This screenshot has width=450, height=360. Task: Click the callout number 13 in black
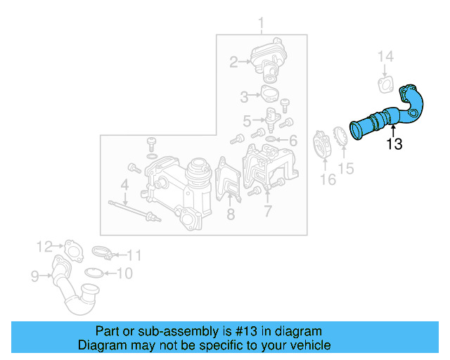(x=394, y=145)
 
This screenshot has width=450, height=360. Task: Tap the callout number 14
(x=387, y=57)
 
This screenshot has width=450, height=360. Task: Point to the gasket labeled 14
(x=385, y=86)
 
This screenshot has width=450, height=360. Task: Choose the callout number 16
(x=328, y=179)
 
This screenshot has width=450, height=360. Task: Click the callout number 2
(x=233, y=63)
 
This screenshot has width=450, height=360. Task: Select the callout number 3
(x=244, y=96)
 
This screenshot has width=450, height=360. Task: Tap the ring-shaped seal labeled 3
(x=269, y=94)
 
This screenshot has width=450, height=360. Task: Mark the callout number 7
(x=268, y=211)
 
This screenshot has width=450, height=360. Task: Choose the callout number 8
(x=230, y=214)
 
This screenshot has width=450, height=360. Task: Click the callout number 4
(x=124, y=185)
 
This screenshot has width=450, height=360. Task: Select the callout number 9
(x=34, y=277)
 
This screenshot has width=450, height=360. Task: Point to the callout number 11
(x=134, y=255)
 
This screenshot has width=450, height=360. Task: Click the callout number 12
(x=45, y=246)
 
